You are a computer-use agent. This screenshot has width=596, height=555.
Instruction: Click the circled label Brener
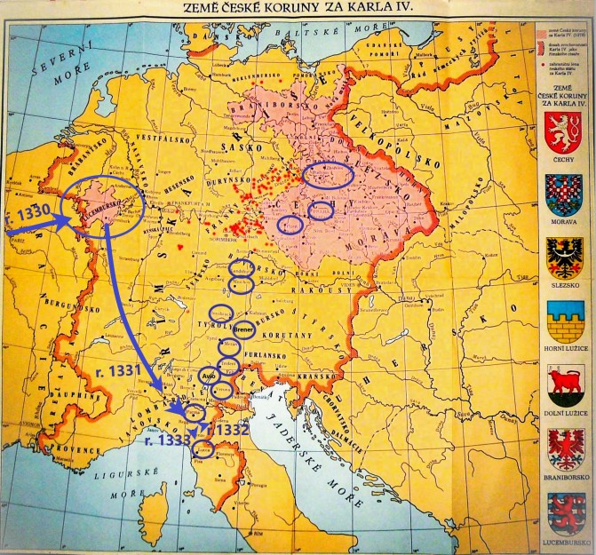point(244,333)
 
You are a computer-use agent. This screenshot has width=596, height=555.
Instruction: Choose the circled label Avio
point(210,375)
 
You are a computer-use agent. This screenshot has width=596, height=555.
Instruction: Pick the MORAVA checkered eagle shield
point(563,200)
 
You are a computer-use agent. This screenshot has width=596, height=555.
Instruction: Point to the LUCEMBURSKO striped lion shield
point(563,518)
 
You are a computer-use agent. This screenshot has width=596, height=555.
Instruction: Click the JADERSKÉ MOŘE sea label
point(306,462)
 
